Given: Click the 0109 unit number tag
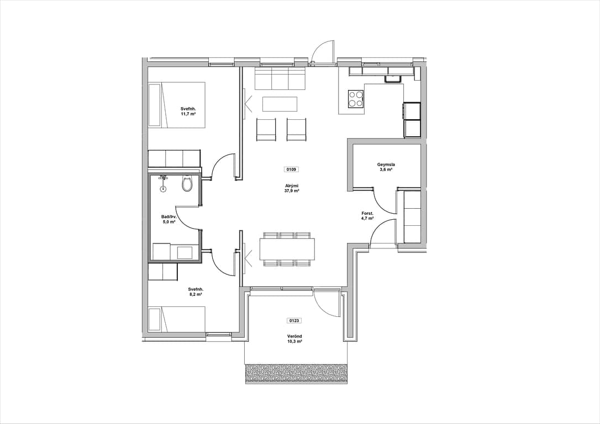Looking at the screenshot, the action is [291, 169].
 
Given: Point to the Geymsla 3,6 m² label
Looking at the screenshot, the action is [386, 167].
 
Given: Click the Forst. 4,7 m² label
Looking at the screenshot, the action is [367, 216].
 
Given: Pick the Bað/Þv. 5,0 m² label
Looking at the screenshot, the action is [169, 219].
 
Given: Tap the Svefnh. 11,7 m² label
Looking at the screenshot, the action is [188, 112].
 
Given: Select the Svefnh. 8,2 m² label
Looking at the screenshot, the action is [196, 291].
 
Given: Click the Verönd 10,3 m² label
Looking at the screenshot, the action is [294, 338].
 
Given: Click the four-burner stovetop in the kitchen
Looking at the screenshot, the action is [356, 99].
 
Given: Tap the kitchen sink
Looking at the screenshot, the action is [393, 79].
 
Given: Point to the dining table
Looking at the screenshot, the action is [287, 249].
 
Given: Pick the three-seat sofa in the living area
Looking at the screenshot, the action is [280, 78].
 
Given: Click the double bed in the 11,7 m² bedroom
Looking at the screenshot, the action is [177, 104].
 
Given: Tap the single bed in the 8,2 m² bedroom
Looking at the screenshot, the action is [177, 319].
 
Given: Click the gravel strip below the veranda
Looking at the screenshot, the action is [297, 373].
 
